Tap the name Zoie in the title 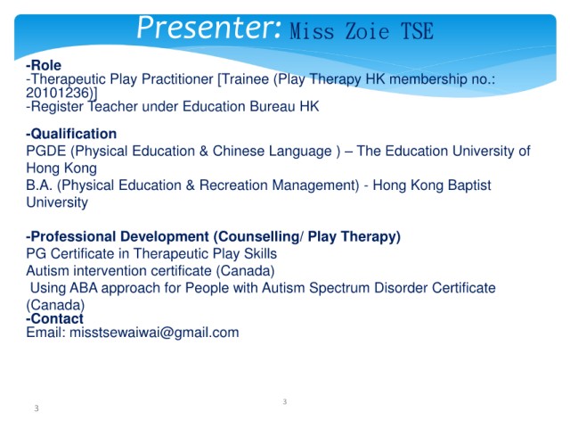(x=367, y=31)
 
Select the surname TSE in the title (x=418, y=31)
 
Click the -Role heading (x=44, y=65)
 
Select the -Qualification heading (x=71, y=134)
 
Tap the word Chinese (x=239, y=151)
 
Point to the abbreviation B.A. (x=39, y=185)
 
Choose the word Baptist (x=469, y=185)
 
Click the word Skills (x=260, y=253)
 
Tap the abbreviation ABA (x=84, y=288)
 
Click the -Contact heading (x=54, y=319)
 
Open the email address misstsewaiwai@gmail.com (x=154, y=333)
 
